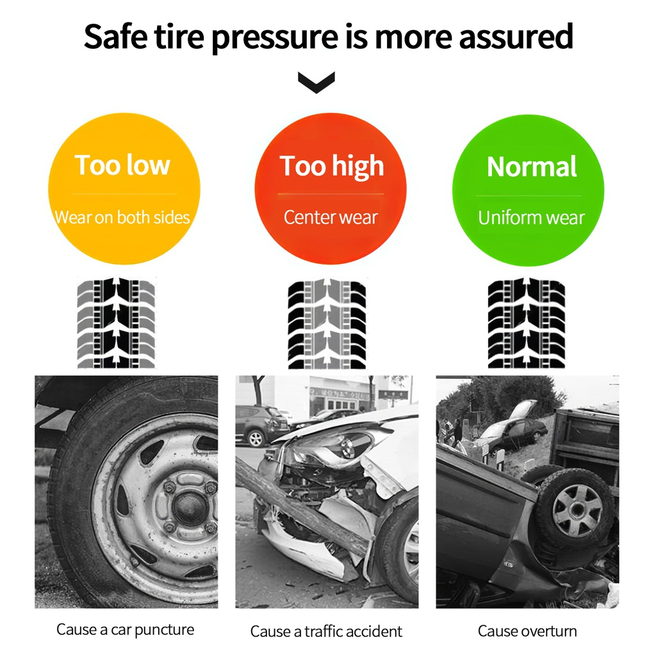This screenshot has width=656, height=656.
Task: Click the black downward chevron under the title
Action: point(316,82)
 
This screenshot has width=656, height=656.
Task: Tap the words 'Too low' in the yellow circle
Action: point(122,165)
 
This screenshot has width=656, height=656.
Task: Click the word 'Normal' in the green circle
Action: point(532,167)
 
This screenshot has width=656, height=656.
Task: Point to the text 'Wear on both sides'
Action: point(122,218)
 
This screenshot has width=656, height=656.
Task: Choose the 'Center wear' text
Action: point(331,217)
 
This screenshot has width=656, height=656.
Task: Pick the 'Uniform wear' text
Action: point(531,218)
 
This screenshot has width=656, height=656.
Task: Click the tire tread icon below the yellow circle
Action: point(116,323)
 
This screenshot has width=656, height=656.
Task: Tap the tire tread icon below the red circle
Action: point(327,324)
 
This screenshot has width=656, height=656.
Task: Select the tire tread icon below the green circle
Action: point(527,323)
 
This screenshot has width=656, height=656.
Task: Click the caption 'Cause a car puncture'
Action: point(125,630)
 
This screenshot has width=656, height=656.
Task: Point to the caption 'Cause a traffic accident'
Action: point(326,631)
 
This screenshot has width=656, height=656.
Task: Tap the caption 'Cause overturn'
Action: point(527,631)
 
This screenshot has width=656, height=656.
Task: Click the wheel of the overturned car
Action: point(576,509)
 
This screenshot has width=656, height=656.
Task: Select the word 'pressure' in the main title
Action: point(275,37)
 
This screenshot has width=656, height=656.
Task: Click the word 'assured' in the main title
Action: point(516,37)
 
